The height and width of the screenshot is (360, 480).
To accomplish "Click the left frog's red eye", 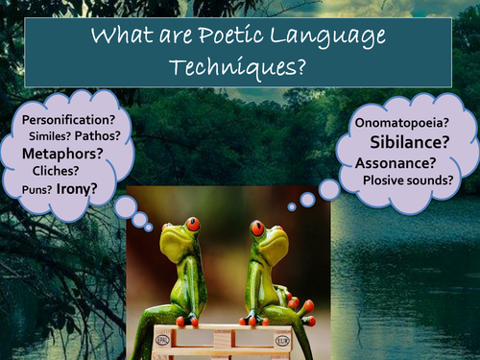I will pos(193,224).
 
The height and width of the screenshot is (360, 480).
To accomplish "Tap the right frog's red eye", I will pos(257,228).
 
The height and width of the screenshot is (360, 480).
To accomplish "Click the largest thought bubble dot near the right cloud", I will pos(329,190).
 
